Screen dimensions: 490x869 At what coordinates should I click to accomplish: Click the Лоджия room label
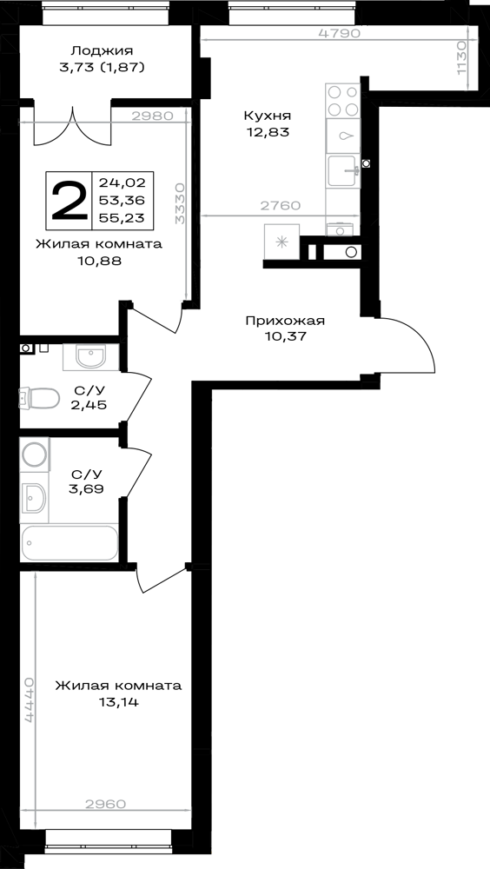[102, 51]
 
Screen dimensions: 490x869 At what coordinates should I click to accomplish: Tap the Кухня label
[268, 116]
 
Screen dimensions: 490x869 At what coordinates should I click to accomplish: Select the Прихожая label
[285, 321]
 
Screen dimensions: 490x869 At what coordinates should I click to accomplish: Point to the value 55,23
[122, 218]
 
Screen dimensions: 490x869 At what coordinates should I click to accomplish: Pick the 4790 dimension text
[340, 33]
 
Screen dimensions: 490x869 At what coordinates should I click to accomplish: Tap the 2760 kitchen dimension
[281, 206]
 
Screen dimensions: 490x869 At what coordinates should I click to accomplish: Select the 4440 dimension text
[30, 699]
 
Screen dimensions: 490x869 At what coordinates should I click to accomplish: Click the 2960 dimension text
[106, 803]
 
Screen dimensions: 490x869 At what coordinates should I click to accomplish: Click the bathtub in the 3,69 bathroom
[70, 543]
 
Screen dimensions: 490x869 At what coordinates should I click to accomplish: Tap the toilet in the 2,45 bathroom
[39, 398]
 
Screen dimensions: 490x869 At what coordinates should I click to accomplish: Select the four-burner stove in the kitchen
[342, 100]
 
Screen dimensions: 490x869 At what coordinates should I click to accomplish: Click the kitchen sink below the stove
[342, 136]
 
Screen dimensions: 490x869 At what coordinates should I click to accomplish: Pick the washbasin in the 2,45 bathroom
[90, 356]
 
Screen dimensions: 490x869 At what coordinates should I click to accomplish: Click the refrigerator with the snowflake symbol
[282, 241]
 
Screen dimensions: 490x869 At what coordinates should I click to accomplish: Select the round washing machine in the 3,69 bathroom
[35, 454]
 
